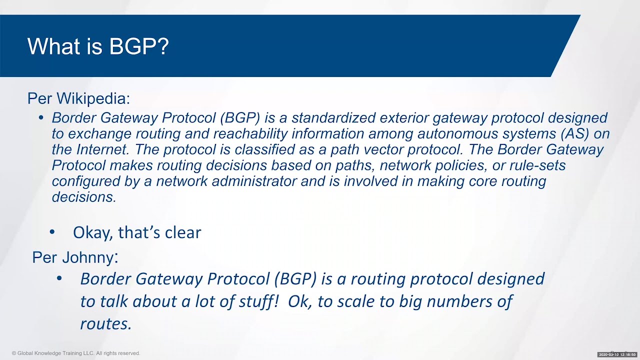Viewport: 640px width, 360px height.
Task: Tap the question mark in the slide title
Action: pos(162,46)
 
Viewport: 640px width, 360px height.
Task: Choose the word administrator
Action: pos(254,181)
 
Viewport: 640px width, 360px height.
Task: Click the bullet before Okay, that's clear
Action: pos(52,232)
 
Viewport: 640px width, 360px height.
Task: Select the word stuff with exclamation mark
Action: pos(255,301)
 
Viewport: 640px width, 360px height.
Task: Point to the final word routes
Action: pos(106,323)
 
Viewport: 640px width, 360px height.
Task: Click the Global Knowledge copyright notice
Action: pos(76,353)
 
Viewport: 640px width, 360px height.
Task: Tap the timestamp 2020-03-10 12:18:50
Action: pos(617,354)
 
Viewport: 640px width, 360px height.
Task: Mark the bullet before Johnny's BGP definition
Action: pos(59,278)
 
